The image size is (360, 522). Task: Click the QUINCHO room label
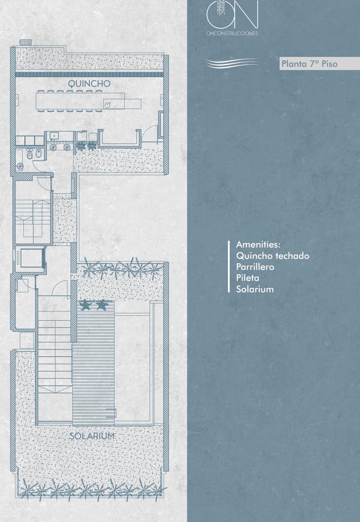coord(89,84)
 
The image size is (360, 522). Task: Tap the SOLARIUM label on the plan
coord(92,436)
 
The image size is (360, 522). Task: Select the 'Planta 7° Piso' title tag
coord(310,64)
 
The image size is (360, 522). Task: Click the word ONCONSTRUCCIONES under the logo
coord(232,33)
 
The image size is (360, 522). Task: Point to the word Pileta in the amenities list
coord(247,278)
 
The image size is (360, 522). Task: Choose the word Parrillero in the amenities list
coord(255,267)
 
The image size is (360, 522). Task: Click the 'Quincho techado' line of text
coord(273,256)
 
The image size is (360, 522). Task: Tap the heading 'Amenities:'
coord(258,244)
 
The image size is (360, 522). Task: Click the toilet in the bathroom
coord(29,154)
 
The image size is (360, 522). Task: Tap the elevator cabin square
coord(32,258)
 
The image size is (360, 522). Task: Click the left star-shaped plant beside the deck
coord(85,305)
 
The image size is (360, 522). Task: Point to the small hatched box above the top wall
coord(25,42)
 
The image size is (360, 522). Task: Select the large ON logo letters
coord(233,14)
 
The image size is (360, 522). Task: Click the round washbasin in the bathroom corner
coord(20,166)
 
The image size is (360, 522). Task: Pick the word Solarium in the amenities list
coord(255,289)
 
